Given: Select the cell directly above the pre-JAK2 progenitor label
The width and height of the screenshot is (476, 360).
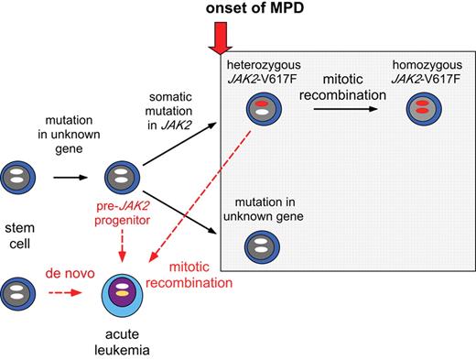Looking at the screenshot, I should [123, 177].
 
